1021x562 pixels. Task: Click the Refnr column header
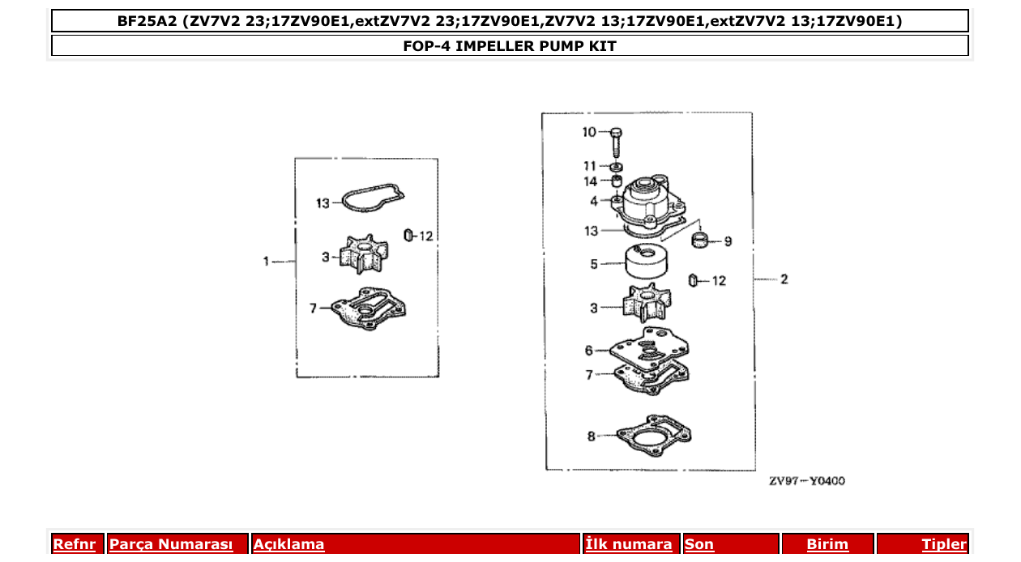point(74,545)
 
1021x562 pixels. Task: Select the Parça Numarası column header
point(171,545)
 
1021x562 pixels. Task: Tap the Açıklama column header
point(289,545)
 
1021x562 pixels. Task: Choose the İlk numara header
point(629,545)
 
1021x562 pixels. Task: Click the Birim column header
point(827,545)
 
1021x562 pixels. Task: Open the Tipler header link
point(943,545)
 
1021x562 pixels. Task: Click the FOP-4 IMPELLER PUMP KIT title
point(510,46)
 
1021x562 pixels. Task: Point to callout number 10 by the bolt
point(589,132)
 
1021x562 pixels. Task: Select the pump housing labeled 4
point(652,202)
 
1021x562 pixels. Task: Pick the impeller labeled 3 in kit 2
point(647,306)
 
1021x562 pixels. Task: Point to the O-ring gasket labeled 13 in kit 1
point(372,198)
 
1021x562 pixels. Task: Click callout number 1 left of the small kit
point(266,262)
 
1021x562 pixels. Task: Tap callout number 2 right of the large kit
point(784,279)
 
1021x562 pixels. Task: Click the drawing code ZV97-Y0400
point(806,481)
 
